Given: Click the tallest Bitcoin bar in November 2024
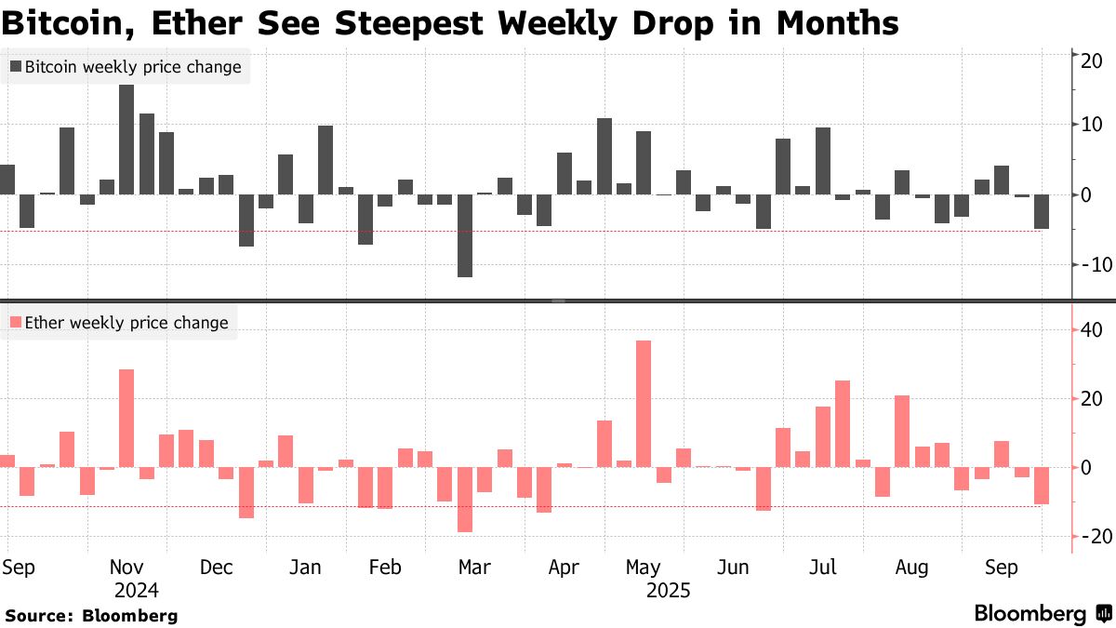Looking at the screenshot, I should coord(126,140).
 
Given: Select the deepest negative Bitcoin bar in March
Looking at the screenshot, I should coord(465,235).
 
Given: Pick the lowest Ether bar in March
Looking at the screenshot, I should coord(465,500).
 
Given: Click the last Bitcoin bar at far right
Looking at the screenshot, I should coord(1042,211).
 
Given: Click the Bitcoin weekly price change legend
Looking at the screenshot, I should coord(126,67).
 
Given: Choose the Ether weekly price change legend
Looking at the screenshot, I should coord(119,323).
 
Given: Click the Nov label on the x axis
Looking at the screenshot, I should coord(126,568).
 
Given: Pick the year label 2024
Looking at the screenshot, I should coord(137,590).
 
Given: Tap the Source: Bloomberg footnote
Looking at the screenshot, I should coord(91,615).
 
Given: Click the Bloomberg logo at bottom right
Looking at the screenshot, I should coord(1042,613).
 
